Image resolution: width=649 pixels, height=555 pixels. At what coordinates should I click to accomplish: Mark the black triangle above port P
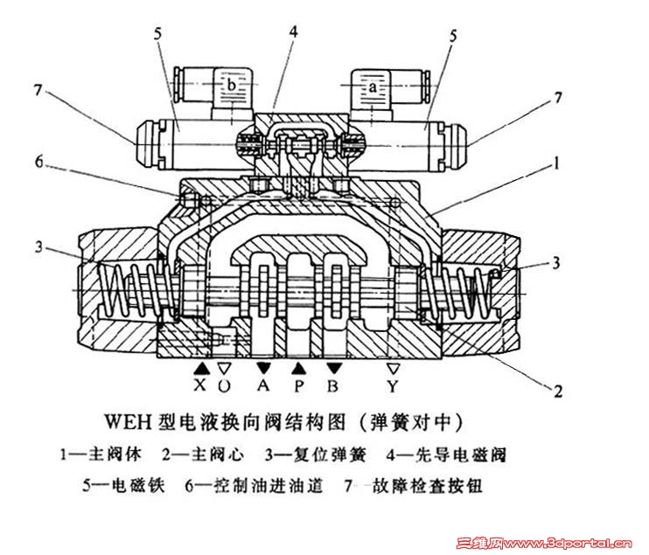(x=298, y=369)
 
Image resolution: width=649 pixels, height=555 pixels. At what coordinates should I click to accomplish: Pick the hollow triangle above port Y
(x=394, y=369)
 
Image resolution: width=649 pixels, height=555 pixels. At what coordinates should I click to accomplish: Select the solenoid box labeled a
(x=374, y=87)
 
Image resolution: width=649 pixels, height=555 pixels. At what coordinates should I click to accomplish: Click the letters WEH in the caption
(x=130, y=422)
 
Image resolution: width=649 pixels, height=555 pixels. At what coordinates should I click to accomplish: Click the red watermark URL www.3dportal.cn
(x=564, y=542)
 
